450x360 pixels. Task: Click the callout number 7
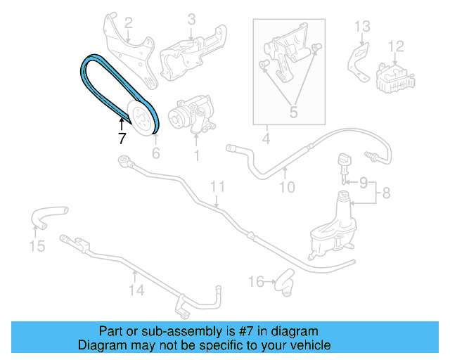click(x=122, y=139)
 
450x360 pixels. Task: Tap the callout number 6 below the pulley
click(x=156, y=152)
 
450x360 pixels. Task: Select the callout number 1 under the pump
click(x=197, y=153)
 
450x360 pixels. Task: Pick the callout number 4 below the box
click(x=266, y=139)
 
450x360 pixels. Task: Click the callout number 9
click(x=364, y=183)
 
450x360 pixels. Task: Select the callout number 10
click(x=287, y=187)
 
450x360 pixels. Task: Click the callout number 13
click(x=361, y=27)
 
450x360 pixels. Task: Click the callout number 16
click(x=257, y=282)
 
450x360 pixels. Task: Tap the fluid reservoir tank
click(x=330, y=225)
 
